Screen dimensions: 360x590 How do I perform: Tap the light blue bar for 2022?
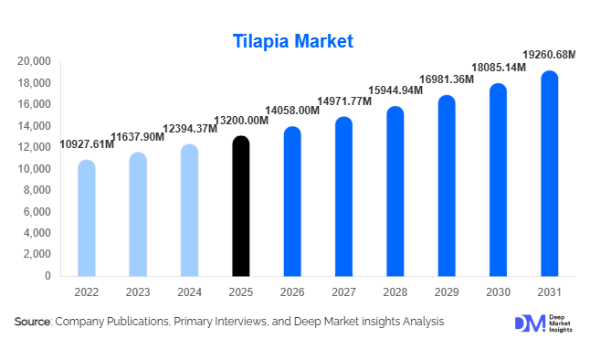point(86,218)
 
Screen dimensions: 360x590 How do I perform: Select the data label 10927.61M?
point(87,144)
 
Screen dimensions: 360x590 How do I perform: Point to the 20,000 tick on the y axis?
point(35,61)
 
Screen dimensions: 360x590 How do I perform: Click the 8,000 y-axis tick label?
point(38,190)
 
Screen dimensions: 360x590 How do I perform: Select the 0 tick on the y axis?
point(48,276)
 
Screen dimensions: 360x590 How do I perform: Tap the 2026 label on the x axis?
point(292,291)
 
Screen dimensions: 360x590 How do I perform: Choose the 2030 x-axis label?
point(498,291)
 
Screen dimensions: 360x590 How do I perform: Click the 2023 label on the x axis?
point(138,291)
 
